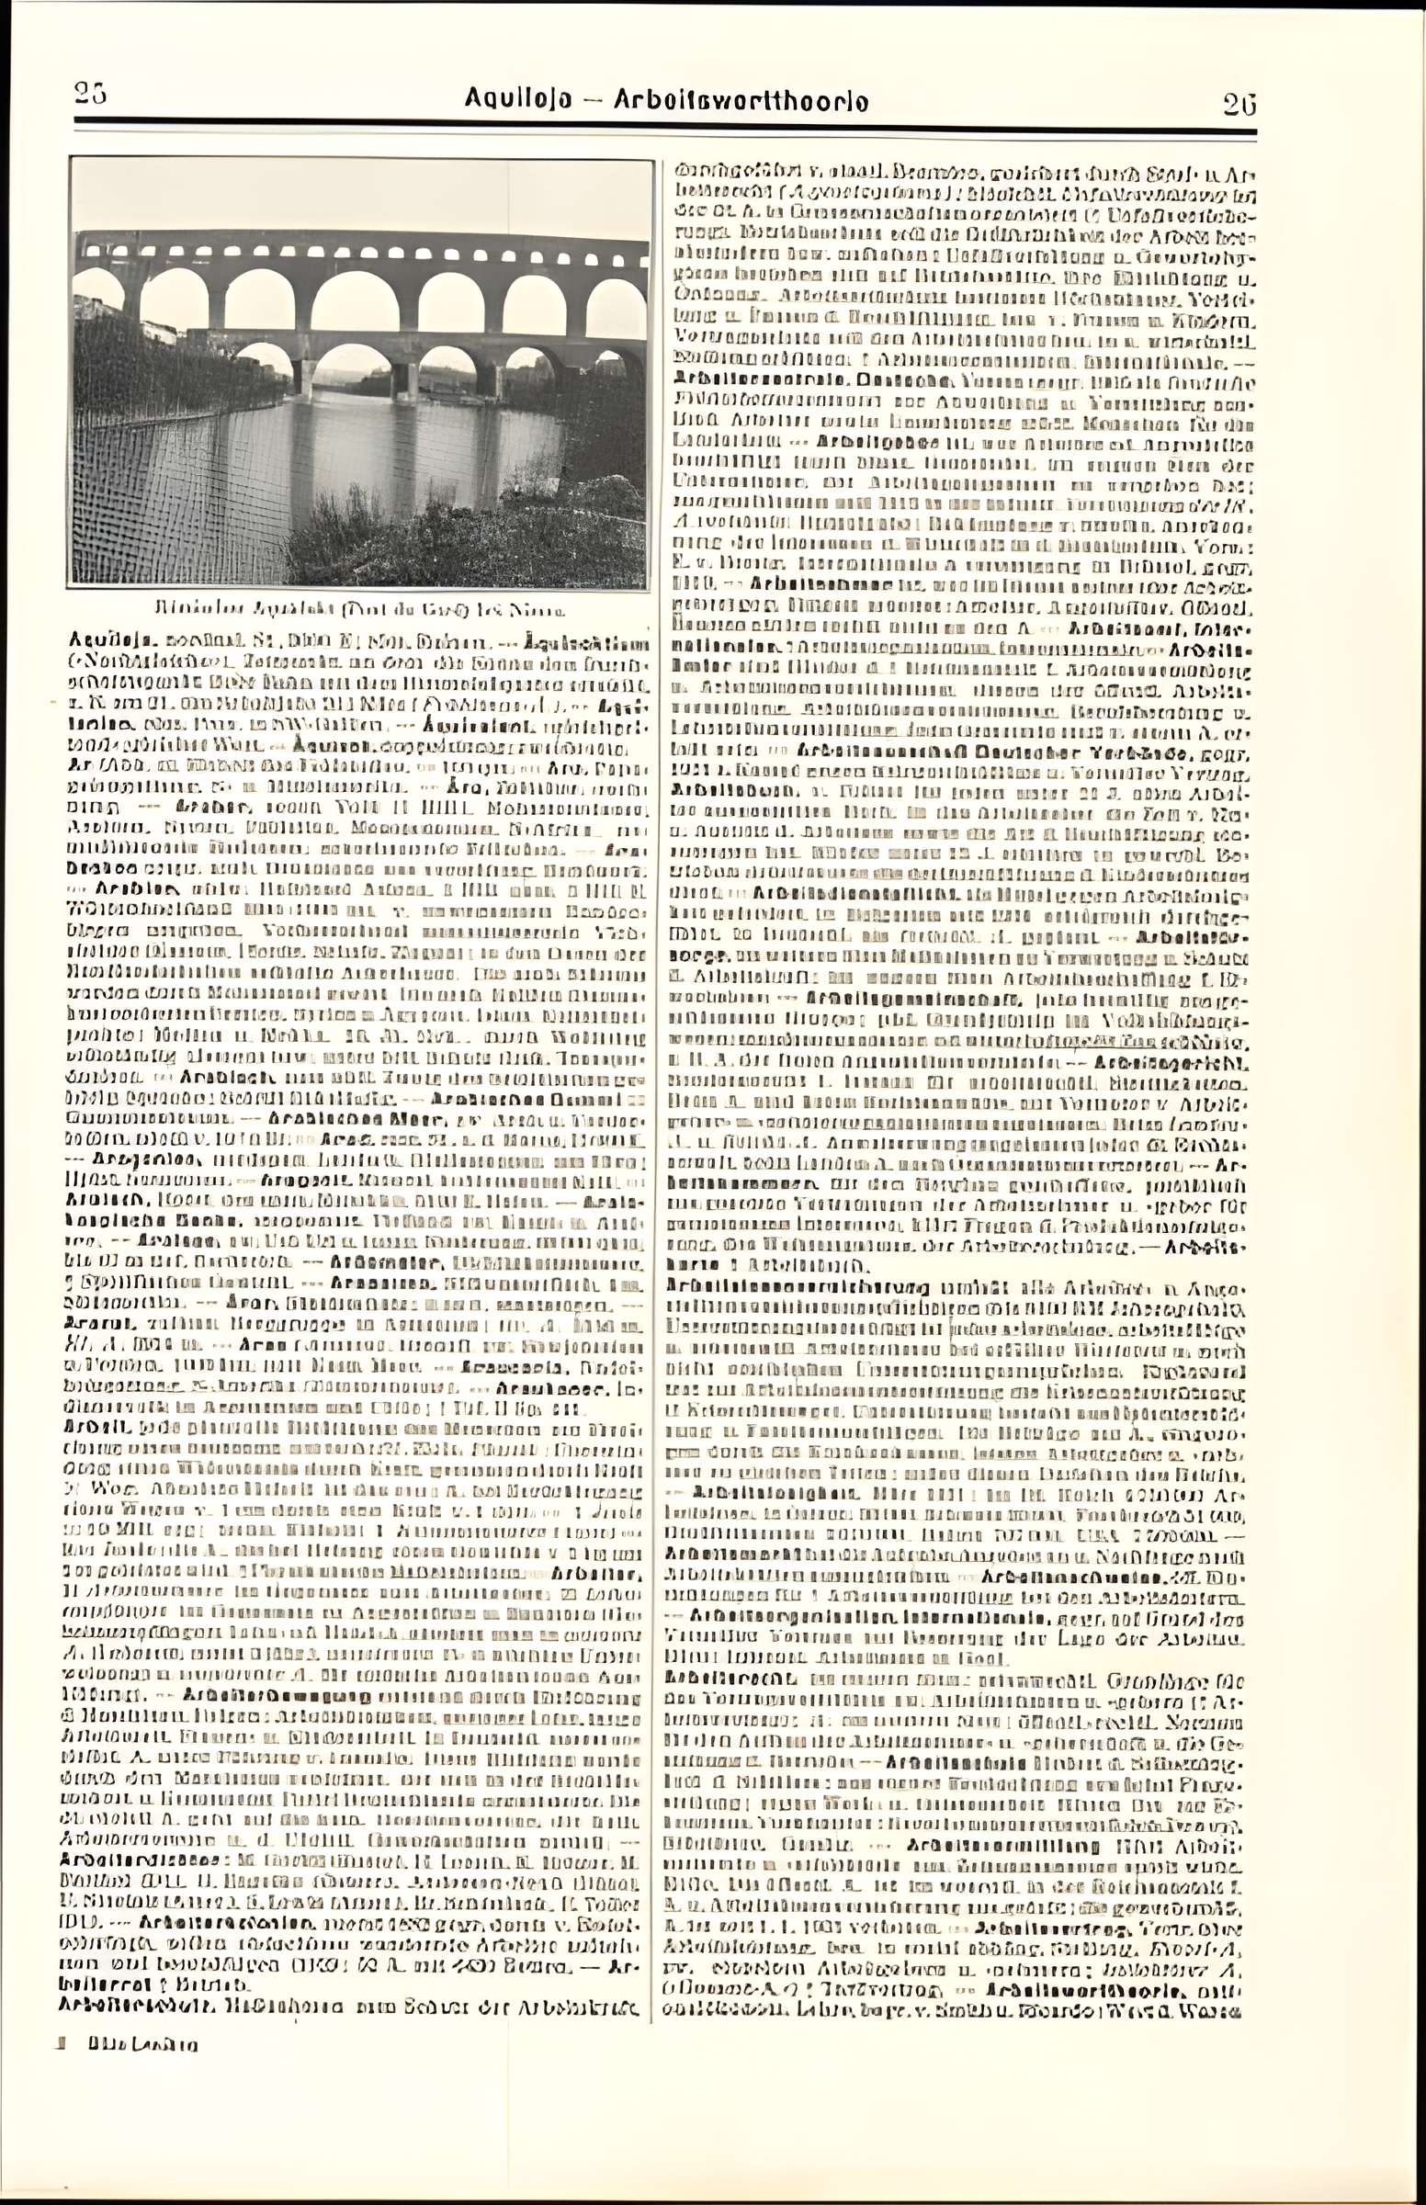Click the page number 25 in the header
[x=91, y=94]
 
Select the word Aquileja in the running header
[x=517, y=99]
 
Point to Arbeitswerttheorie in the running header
[x=741, y=100]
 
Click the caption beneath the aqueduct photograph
[x=358, y=610]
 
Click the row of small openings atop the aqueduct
[x=361, y=250]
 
